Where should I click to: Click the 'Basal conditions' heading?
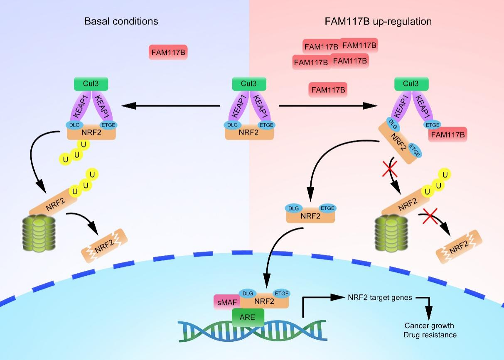(121, 21)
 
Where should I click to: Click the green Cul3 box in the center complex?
(249, 84)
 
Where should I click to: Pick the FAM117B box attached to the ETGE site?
(448, 135)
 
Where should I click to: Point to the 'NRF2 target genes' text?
(379, 297)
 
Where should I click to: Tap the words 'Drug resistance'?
(430, 335)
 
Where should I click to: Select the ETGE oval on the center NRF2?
(266, 125)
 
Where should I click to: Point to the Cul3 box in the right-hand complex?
(411, 84)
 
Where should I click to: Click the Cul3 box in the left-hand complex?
(91, 84)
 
